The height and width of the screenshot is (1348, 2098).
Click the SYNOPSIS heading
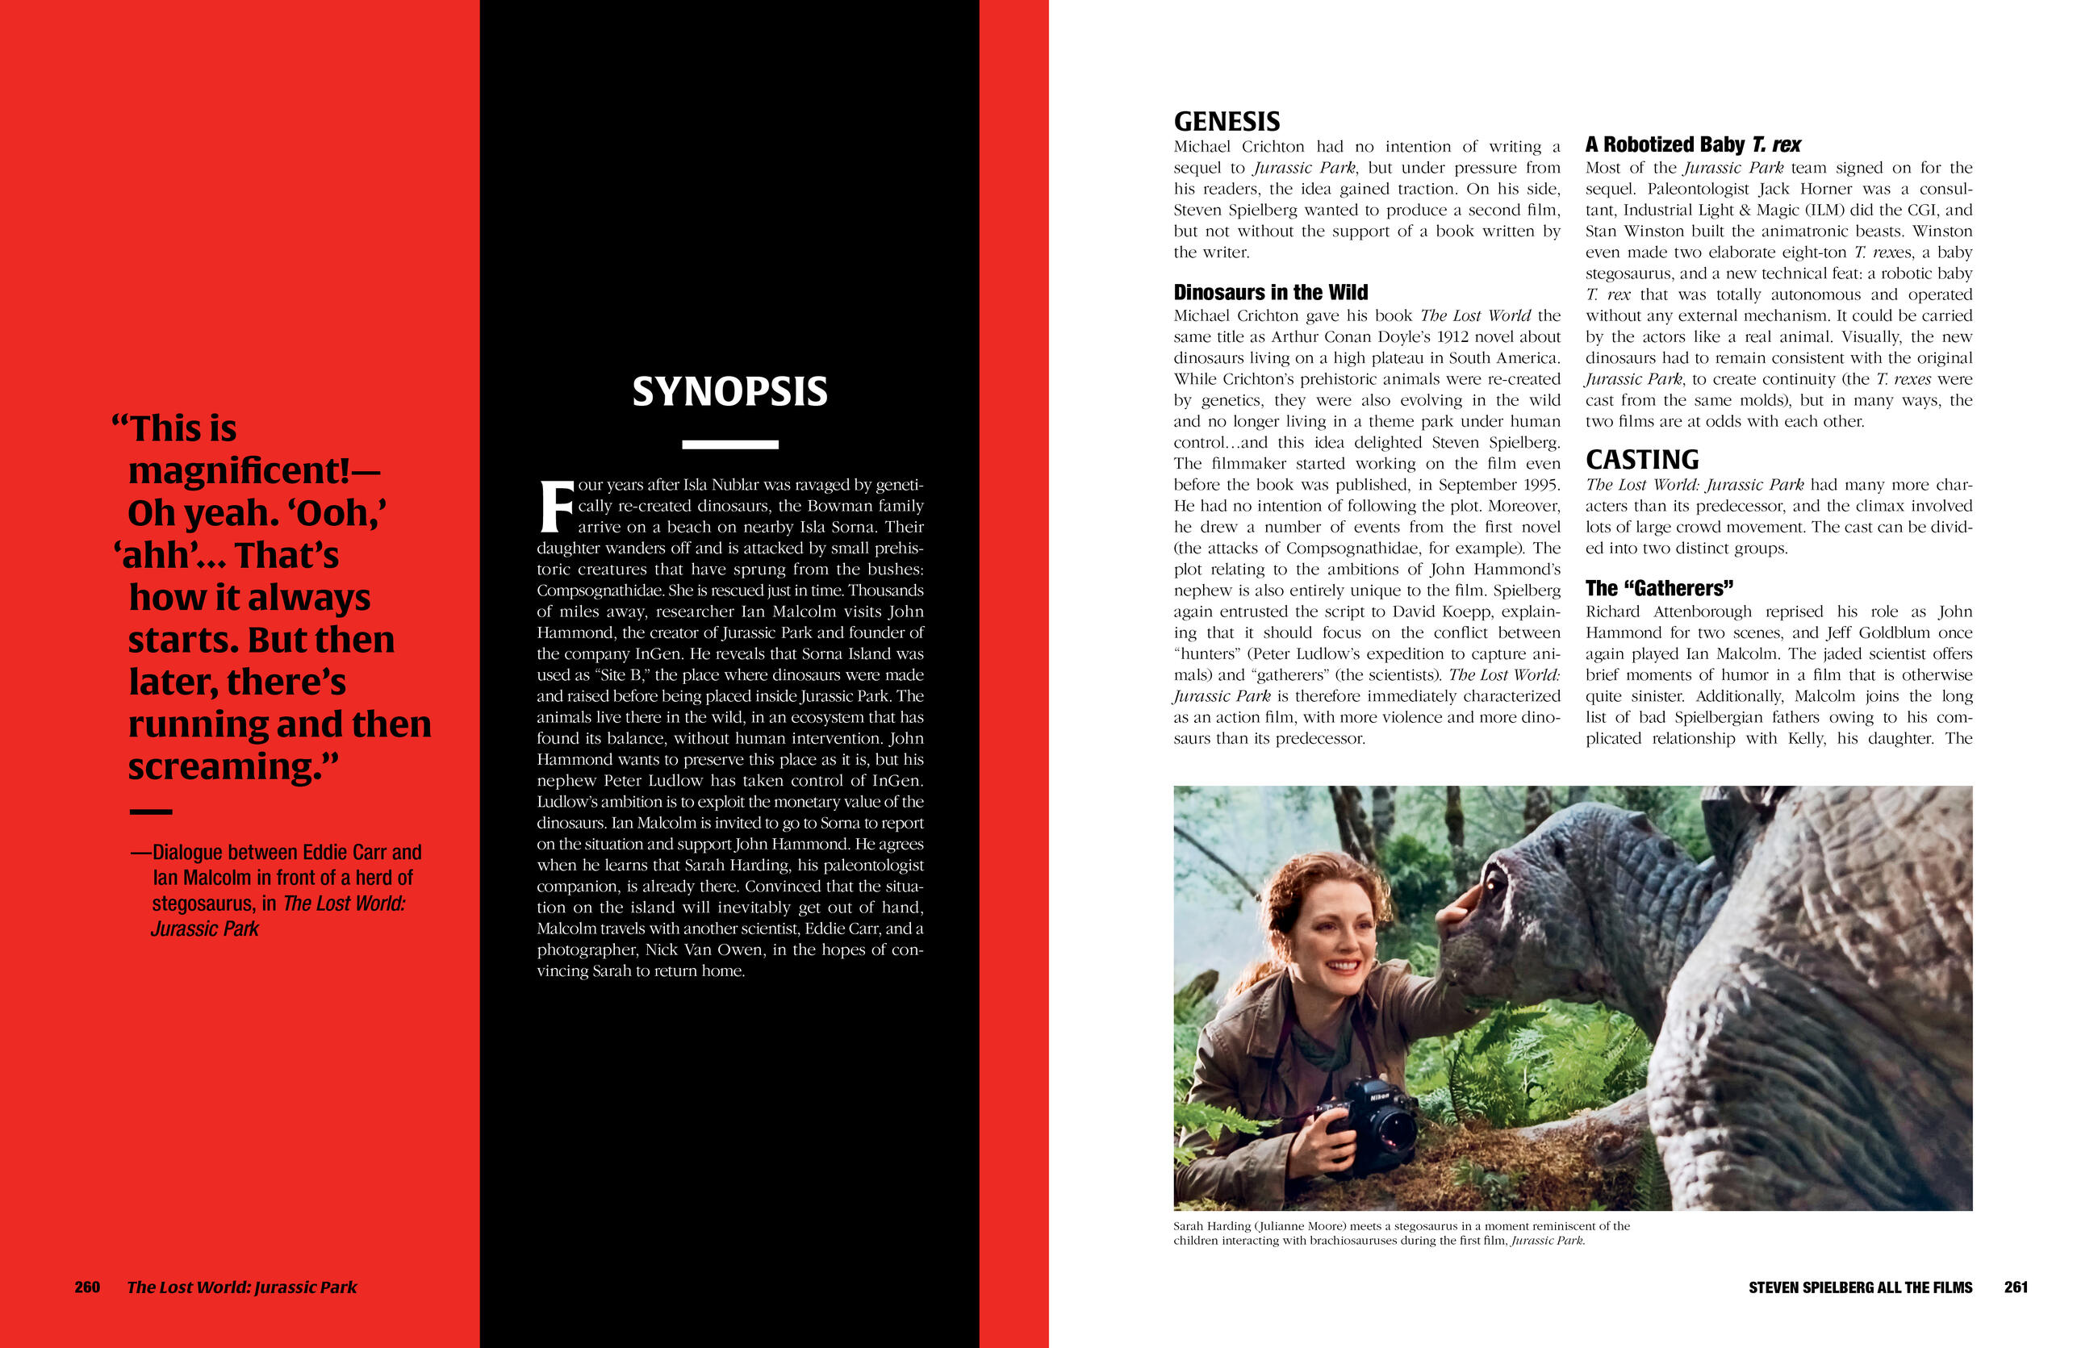[x=729, y=391]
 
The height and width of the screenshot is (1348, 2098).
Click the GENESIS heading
[x=1226, y=121]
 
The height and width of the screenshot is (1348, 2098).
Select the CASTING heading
[x=1641, y=460]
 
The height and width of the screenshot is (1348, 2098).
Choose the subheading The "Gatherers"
[x=1658, y=588]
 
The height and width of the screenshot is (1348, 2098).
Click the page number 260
[x=88, y=1287]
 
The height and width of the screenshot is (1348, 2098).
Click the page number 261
[x=2016, y=1287]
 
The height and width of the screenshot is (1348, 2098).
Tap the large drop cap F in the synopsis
[x=555, y=507]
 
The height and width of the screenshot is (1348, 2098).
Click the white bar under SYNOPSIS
[x=729, y=444]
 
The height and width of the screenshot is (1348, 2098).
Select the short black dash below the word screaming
[x=151, y=812]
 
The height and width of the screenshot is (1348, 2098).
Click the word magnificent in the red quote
[x=238, y=471]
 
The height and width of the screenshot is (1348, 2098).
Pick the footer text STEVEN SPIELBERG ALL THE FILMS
[x=1860, y=1287]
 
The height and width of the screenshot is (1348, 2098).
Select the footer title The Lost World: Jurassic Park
[x=241, y=1287]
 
